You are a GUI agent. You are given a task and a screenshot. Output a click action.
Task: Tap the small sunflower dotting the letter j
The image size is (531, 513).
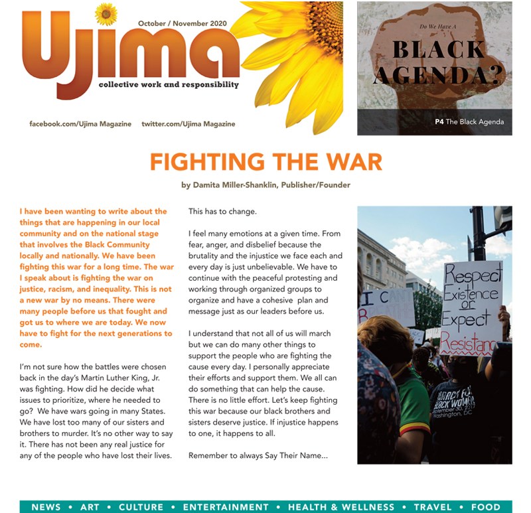106,13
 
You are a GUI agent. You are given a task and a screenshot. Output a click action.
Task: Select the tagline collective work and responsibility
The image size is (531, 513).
168,85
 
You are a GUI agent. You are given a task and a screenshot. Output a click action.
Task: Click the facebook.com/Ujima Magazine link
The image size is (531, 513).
80,124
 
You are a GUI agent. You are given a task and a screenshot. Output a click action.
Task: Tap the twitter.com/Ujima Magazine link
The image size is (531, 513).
188,124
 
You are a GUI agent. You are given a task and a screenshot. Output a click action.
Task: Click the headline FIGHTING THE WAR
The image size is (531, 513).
265,162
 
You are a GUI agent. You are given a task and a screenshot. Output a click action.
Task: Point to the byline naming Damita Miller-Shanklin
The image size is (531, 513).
265,185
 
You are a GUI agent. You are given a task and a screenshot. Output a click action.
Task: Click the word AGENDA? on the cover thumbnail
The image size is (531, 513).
435,77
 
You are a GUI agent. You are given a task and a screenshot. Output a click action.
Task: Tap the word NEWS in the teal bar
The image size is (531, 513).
46,507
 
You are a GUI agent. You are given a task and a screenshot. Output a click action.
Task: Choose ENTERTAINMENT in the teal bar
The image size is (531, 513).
226,507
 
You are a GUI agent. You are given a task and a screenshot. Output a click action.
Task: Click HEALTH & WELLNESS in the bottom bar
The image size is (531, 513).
341,507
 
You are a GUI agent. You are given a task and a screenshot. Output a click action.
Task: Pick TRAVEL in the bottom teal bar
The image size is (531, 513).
433,507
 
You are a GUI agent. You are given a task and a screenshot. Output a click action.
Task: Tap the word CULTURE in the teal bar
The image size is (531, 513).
140,507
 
